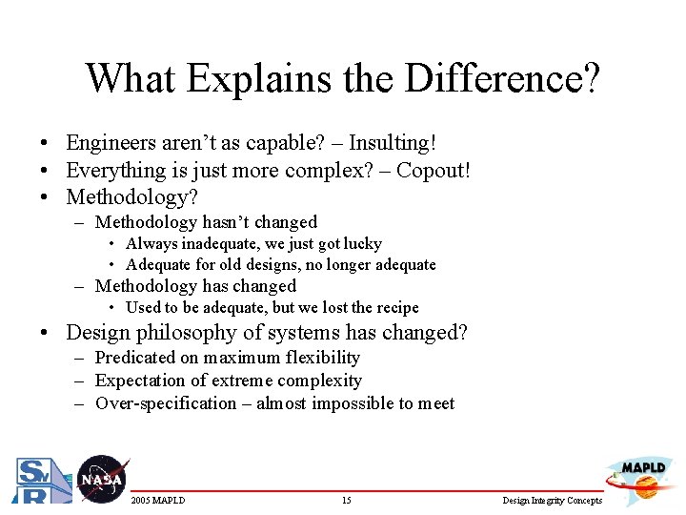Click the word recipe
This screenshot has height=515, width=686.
click(x=395, y=307)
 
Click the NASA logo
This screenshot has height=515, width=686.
click(x=100, y=478)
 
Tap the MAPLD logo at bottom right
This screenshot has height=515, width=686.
click(x=643, y=477)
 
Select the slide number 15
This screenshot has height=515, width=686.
click(x=346, y=501)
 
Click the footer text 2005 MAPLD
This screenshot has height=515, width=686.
click(x=158, y=501)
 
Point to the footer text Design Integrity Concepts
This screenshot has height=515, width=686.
click(x=553, y=501)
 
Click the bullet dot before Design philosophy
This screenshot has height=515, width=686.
click(x=45, y=334)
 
